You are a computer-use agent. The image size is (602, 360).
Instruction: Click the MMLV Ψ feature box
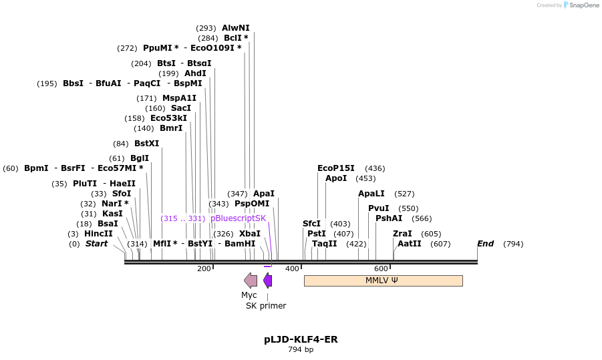click(x=383, y=281)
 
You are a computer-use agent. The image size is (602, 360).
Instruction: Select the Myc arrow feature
click(x=251, y=281)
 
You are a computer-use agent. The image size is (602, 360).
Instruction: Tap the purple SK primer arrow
click(x=267, y=281)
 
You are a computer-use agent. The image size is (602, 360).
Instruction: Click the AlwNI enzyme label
click(x=236, y=28)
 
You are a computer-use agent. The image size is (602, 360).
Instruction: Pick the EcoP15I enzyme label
click(x=336, y=168)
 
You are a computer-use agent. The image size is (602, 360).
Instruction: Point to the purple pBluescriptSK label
click(x=238, y=218)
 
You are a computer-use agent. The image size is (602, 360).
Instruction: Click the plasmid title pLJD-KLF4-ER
click(x=301, y=339)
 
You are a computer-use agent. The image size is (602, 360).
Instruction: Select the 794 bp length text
click(x=301, y=349)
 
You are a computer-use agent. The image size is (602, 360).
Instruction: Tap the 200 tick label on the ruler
click(x=204, y=268)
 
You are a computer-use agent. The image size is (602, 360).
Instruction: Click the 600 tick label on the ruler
click(x=382, y=268)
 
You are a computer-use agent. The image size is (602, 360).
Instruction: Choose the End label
click(x=485, y=244)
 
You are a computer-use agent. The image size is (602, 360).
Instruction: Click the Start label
click(x=96, y=244)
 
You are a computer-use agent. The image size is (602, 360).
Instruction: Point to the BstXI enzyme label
click(x=147, y=144)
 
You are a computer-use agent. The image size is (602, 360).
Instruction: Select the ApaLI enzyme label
click(x=371, y=194)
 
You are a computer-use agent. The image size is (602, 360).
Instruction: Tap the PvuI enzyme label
click(x=378, y=208)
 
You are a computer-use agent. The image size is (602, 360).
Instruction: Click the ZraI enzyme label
click(x=402, y=234)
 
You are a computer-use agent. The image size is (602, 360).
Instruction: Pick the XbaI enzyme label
click(x=250, y=234)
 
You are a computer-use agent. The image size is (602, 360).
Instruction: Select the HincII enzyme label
click(x=98, y=234)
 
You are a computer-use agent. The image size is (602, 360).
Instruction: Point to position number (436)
click(x=375, y=168)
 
